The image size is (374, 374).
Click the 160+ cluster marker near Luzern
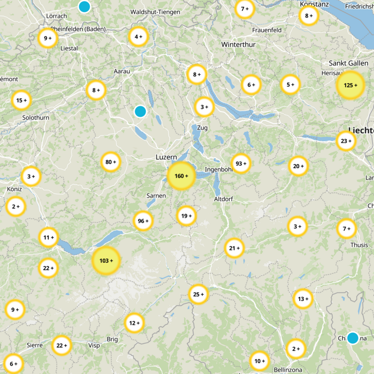tap(181, 176)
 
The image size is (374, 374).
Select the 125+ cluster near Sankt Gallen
tap(350, 85)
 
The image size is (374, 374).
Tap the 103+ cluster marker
tap(107, 260)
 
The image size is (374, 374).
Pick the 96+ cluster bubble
tap(144, 221)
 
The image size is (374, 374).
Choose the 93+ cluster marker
tap(241, 164)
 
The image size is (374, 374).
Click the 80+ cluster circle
tap(111, 162)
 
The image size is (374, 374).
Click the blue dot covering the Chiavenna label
tap(352, 338)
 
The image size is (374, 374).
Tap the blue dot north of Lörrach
tap(84, 7)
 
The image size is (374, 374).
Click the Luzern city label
tap(166, 158)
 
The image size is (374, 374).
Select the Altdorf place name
tap(223, 199)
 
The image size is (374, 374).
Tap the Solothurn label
tap(35, 117)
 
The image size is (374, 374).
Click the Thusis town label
tap(359, 245)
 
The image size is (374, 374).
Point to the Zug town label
tap(202, 128)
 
